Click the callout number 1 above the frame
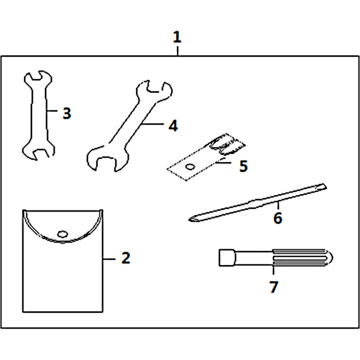tap(177, 37)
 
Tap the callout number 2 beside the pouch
tap(126, 258)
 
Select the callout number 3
tap(67, 113)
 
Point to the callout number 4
tap(173, 126)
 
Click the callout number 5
tap(243, 166)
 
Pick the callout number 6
tap(278, 218)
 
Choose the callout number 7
tap(274, 287)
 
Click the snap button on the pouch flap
tap(63, 234)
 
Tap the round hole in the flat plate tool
tap(190, 166)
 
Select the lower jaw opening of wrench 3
tap(40, 154)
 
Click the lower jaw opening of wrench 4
tap(106, 163)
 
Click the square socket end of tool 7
tap(227, 257)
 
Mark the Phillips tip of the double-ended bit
tap(193, 219)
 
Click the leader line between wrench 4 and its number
tap(152, 124)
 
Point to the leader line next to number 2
tap(109, 259)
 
